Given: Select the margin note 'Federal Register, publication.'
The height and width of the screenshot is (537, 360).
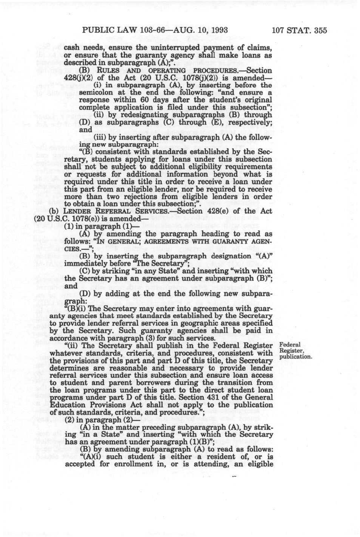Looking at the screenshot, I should point(295,351).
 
